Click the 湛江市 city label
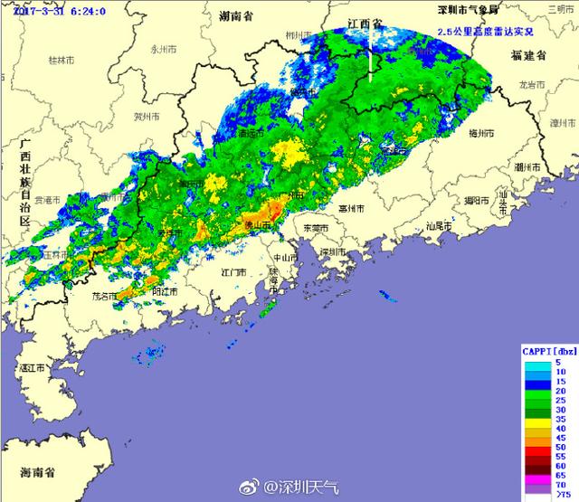[x=36, y=368]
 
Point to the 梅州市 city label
[x=479, y=133]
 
